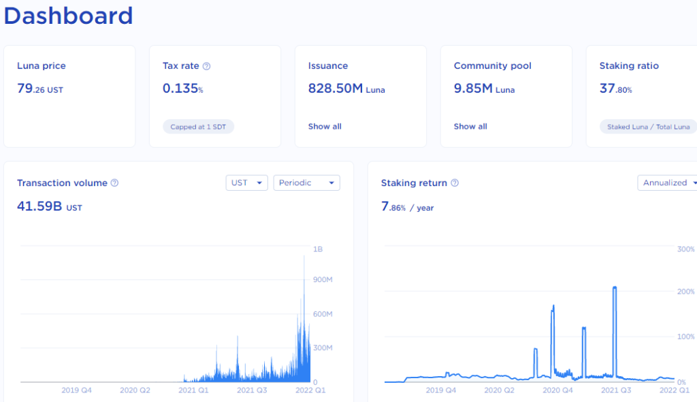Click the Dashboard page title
point(68,16)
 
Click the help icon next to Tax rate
point(207,66)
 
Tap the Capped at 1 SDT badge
point(198,127)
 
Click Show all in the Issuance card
point(325,127)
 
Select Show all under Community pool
point(470,127)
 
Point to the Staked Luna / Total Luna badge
point(647,127)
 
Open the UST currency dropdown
point(246,183)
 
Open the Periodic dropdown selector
point(306,183)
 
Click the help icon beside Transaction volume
point(114,183)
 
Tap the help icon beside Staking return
point(455,183)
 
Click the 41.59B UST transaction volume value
point(49,206)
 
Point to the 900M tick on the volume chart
point(322,280)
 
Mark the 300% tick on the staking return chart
point(685,249)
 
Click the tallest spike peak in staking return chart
point(615,288)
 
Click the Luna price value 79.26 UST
point(40,89)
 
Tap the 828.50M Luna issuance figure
point(346,89)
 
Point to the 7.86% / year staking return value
point(407,206)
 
